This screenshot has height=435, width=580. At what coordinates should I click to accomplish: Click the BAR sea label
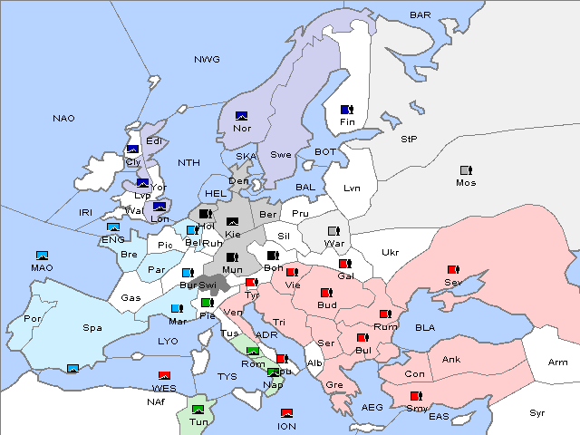[x=420, y=15]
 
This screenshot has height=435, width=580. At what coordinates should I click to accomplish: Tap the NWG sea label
[x=207, y=60]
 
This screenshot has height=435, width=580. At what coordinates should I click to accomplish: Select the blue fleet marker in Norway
[x=241, y=115]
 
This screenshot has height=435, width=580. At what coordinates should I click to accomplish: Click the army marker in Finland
[x=346, y=110]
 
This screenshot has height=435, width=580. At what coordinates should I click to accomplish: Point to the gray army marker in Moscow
[x=466, y=170]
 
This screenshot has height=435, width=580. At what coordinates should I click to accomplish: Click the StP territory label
[x=409, y=140]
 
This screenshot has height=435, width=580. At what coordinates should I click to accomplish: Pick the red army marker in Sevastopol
[x=453, y=270]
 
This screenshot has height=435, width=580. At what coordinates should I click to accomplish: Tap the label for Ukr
[x=390, y=252]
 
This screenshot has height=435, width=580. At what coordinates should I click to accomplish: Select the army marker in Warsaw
[x=333, y=231]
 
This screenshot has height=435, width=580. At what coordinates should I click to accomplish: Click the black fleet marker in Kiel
[x=233, y=222]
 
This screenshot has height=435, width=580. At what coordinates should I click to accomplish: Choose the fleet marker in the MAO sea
[x=42, y=256]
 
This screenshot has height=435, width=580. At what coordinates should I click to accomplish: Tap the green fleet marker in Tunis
[x=198, y=410]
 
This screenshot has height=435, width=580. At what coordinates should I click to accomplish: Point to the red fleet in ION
[x=286, y=413]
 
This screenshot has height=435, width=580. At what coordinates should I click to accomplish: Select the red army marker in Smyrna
[x=417, y=396]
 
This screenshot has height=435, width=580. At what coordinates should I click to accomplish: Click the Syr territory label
[x=537, y=412]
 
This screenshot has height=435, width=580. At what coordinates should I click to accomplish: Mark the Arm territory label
[x=559, y=362]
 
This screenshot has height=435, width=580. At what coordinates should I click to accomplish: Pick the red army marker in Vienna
[x=292, y=272]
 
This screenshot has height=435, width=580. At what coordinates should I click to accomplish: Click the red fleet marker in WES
[x=164, y=375]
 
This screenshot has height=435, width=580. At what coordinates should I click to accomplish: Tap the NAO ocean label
[x=63, y=119]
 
